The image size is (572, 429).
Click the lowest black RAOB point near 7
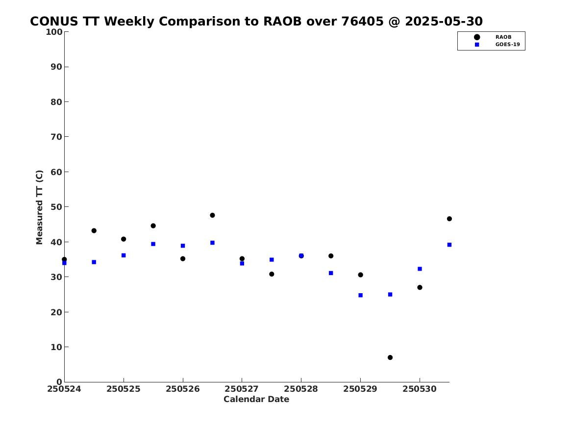pyautogui.click(x=390, y=357)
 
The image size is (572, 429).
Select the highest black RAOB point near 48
pyautogui.click(x=212, y=215)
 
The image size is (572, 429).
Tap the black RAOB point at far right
pyautogui.click(x=449, y=219)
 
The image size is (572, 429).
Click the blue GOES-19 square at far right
pyautogui.click(x=449, y=245)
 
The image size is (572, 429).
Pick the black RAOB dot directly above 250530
pyautogui.click(x=420, y=287)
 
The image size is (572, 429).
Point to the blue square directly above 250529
pyautogui.click(x=360, y=295)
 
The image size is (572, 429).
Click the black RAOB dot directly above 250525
pyautogui.click(x=124, y=239)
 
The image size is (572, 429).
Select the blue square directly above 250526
pyautogui.click(x=183, y=246)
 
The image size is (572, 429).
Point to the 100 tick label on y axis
pyautogui.click(x=54, y=32)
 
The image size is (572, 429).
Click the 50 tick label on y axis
pyautogui.click(x=56, y=207)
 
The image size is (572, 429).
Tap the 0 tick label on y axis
pyautogui.click(x=59, y=382)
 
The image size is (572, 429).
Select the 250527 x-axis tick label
pyautogui.click(x=242, y=389)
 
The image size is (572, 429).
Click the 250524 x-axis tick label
pyautogui.click(x=64, y=389)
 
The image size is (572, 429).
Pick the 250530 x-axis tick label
pyautogui.click(x=420, y=389)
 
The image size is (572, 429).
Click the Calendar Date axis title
pyautogui.click(x=256, y=399)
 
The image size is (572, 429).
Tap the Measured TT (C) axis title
pyautogui.click(x=39, y=207)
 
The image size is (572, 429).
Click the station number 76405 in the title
pyautogui.click(x=363, y=22)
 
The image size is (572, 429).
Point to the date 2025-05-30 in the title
pyautogui.click(x=444, y=22)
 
